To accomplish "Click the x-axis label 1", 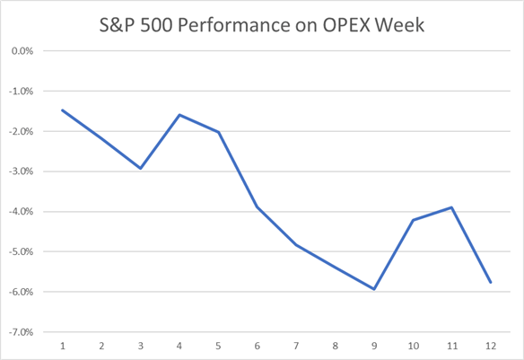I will pos(62,347).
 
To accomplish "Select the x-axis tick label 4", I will pos(179,347).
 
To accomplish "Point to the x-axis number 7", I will pos(297,347).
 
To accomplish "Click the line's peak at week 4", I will pos(179,115).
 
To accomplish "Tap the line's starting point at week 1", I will pos(62,110).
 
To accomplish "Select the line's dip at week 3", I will pos(141,168).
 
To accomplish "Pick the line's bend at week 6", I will pos(258,207).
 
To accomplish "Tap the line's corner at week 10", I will pos(414,220).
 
